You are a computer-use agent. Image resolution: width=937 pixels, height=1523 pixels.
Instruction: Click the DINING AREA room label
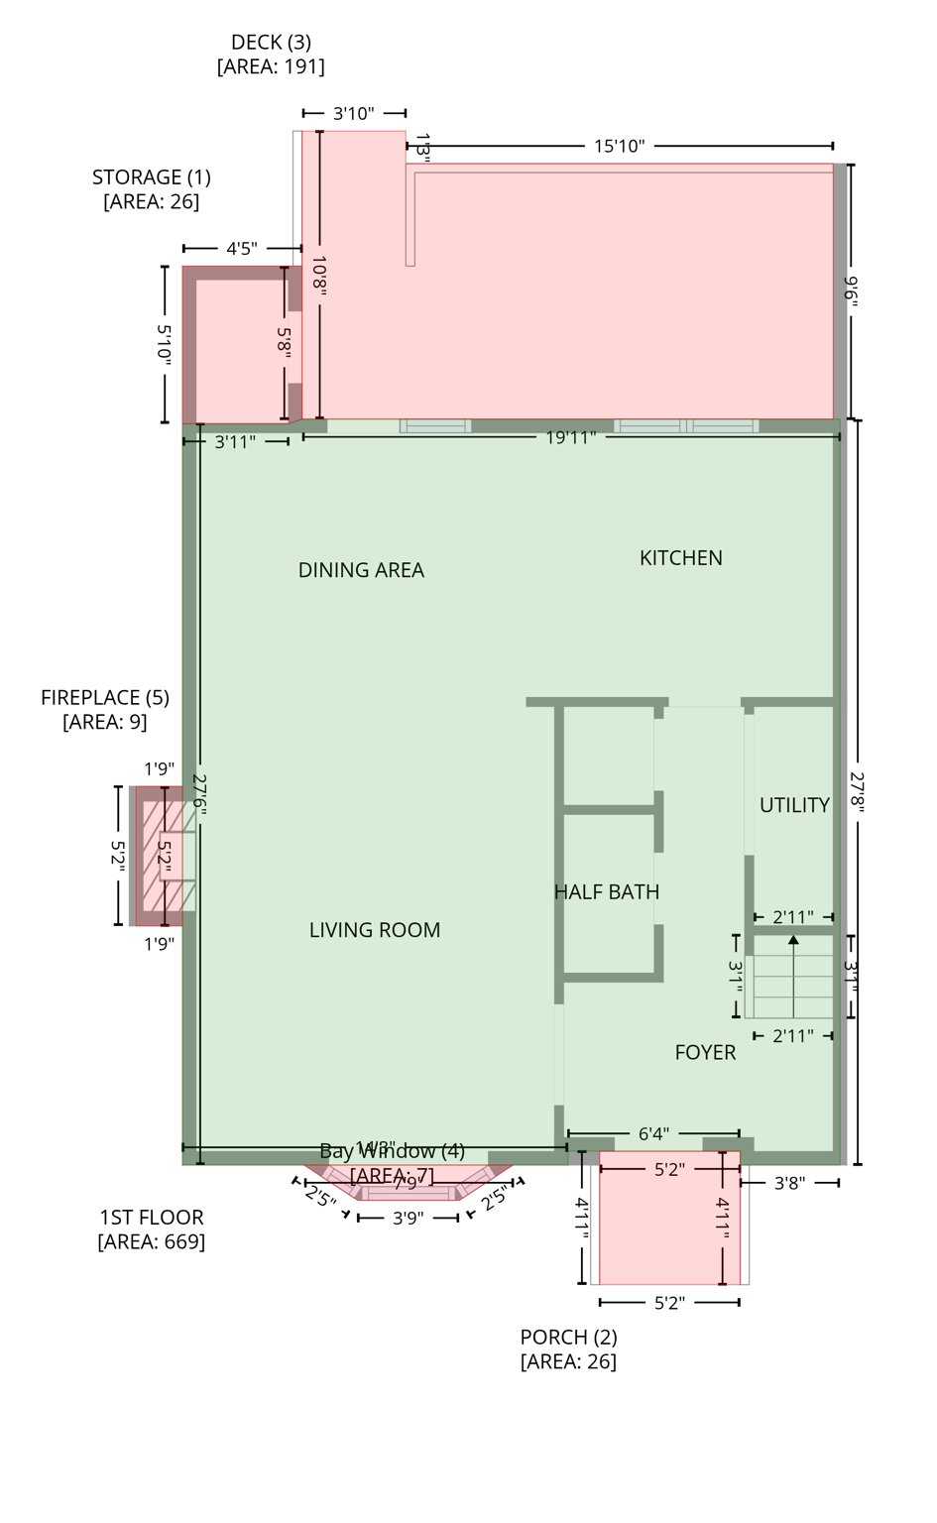coord(361,570)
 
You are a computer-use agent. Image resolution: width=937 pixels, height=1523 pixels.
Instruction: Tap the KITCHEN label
coord(680,558)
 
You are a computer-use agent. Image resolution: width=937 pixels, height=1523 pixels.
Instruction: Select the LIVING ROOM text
coord(374,930)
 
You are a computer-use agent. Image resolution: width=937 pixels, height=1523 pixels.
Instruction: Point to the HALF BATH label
coord(606,892)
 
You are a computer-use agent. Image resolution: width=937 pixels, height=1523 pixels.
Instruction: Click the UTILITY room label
coord(794,805)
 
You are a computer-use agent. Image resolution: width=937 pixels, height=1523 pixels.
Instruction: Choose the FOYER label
coord(705,1053)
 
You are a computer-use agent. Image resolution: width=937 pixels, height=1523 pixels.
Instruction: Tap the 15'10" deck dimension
coord(619,147)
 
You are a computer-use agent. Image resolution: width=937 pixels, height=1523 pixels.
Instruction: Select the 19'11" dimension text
coord(570,437)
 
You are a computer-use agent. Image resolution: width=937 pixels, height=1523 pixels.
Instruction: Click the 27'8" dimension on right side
coord(857,792)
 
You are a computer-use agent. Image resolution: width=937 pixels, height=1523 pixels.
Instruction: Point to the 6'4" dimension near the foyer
coord(653,1133)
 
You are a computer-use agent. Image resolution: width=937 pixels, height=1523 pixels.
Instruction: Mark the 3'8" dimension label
coord(789,1183)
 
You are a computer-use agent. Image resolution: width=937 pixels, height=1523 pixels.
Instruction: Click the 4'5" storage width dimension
coord(241,249)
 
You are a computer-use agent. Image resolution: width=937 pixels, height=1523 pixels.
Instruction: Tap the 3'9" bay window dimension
coord(408,1218)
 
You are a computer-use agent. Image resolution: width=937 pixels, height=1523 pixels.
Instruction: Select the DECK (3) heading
coord(271,43)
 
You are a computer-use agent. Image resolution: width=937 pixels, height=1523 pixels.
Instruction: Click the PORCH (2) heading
coord(568,1337)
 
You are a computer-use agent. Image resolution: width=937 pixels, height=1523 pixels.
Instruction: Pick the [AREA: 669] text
coord(152,1241)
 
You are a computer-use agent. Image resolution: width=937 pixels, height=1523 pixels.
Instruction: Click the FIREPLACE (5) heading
coord(105,698)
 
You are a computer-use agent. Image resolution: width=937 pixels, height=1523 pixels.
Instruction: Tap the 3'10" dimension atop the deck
coord(353,114)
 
